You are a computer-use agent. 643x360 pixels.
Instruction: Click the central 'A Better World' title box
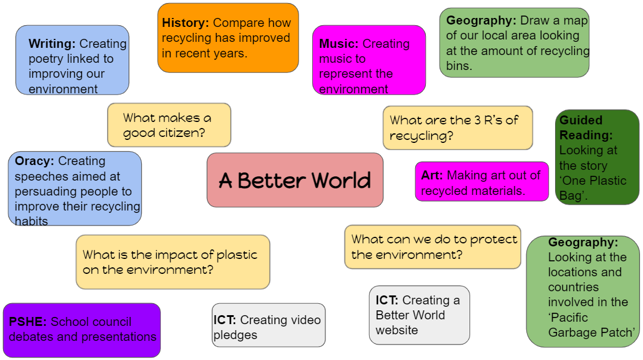coord(295,180)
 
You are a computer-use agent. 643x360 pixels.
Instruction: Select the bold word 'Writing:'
coord(52,44)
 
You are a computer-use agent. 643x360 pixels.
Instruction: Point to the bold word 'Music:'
coord(339,44)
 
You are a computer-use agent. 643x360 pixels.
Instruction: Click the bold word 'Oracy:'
coord(35,161)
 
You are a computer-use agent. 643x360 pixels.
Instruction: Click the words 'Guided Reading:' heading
coord(586,127)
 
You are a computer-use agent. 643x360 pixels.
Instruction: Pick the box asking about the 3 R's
coord(458,128)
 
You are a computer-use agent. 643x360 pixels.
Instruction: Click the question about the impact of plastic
coord(173,262)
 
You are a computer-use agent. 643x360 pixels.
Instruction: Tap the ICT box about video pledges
coord(269,325)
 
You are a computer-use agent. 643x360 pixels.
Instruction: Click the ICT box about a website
coord(419,315)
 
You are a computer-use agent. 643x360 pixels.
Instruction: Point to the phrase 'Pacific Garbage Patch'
coord(591,325)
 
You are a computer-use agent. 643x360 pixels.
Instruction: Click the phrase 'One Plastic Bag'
coord(593,188)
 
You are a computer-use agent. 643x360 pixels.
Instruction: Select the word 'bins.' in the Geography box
coord(459,66)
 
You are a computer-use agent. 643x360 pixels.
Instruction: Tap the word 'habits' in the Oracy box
coord(31,221)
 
